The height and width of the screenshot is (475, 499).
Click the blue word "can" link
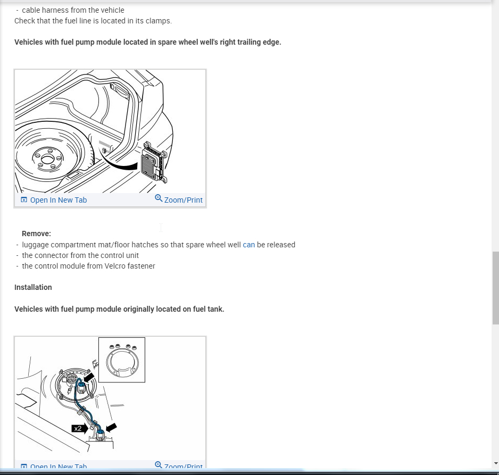pos(248,245)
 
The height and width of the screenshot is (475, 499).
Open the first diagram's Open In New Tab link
pos(58,200)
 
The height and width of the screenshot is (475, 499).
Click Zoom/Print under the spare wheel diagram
pos(184,200)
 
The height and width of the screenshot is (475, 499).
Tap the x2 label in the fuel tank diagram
pos(78,429)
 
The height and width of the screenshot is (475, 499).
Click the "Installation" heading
pos(33,287)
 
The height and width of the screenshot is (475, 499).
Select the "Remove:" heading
pos(36,234)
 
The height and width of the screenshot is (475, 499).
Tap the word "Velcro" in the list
pos(115,266)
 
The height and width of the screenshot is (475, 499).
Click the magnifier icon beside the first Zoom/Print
pos(159,198)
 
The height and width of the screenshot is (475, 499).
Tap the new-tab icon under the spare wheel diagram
pos(24,200)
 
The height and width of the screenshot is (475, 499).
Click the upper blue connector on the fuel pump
pos(81,387)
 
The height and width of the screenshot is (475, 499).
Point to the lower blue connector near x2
pos(99,434)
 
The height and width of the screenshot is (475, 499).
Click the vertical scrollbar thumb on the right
pos(495,288)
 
